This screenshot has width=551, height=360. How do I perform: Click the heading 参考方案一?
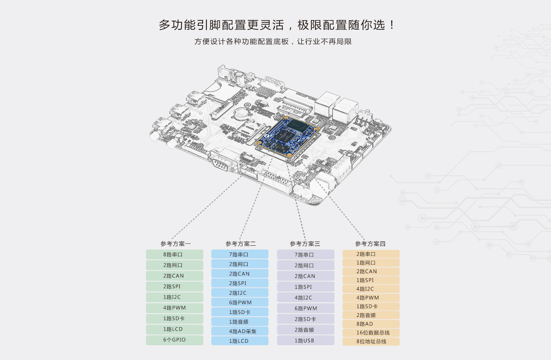pyautogui.click(x=175, y=244)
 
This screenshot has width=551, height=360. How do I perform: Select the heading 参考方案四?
pyautogui.click(x=370, y=244)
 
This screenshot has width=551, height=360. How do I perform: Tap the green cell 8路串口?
pyautogui.click(x=175, y=255)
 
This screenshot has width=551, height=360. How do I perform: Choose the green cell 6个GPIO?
pyautogui.click(x=175, y=340)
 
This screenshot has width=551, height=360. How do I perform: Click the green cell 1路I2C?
pyautogui.click(x=175, y=297)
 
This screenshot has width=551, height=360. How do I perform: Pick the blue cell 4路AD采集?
pyautogui.click(x=240, y=331)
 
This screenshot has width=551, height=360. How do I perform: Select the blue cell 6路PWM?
pyautogui.click(x=240, y=302)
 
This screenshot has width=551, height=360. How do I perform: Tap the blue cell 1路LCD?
pyautogui.click(x=240, y=341)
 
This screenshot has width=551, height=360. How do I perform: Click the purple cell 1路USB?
pyautogui.click(x=306, y=340)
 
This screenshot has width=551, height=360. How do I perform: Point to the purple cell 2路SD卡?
pyautogui.click(x=306, y=319)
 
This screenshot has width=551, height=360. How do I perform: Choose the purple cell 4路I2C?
pyautogui.click(x=306, y=298)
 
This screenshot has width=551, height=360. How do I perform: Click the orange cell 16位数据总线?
pyautogui.click(x=371, y=333)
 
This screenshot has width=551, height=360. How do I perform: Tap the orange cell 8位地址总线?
pyautogui.click(x=371, y=341)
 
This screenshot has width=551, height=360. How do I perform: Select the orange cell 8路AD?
pyautogui.click(x=371, y=324)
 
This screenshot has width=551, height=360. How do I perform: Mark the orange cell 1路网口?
pyautogui.click(x=371, y=263)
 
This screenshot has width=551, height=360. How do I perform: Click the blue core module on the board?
pyautogui.click(x=287, y=136)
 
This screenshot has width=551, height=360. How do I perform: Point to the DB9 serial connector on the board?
pyautogui.click(x=220, y=164)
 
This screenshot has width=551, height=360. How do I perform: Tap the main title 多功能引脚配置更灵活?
pyautogui.click(x=221, y=25)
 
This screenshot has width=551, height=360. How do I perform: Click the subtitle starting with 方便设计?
pyautogui.click(x=273, y=41)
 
